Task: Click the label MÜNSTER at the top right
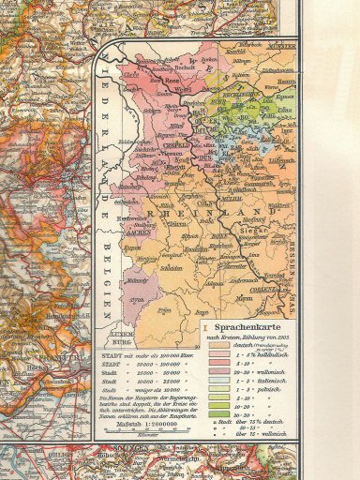280,44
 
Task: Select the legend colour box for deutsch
218,345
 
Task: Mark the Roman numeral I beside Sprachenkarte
205,326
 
